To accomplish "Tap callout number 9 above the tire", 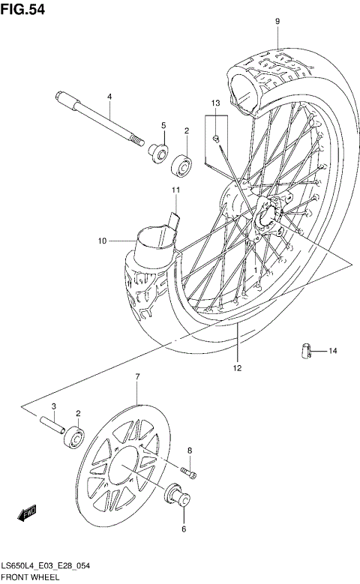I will coord(277,22).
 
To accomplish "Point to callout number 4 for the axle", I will coord(109,97).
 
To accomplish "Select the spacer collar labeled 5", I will coord(158,153).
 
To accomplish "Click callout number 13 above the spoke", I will coord(215,102).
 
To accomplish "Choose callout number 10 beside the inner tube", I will coord(102,241).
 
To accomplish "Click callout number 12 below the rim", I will coord(236,368).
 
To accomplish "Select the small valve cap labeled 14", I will coord(305,349).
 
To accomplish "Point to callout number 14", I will coord(332,350).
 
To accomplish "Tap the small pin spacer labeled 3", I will coord(54,424).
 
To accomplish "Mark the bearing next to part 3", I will coord(74,436).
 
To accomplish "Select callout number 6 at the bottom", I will coord(182,529).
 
